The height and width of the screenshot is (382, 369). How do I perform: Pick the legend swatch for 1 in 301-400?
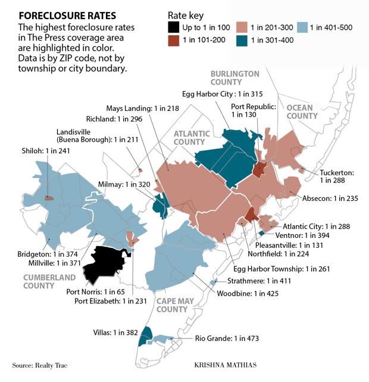(243, 41)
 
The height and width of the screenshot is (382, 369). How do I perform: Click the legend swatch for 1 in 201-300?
(243, 27)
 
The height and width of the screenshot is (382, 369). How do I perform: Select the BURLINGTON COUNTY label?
(234, 78)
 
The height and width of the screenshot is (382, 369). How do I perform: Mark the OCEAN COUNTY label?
(302, 111)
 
